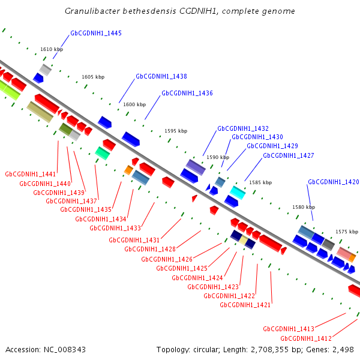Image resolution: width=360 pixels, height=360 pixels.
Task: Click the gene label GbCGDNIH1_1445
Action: (x=96, y=33)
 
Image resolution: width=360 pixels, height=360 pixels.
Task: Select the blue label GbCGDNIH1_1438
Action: (x=161, y=76)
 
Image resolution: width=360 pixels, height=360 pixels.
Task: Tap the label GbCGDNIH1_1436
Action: (x=187, y=93)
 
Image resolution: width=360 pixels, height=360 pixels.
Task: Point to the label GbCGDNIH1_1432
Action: (x=243, y=128)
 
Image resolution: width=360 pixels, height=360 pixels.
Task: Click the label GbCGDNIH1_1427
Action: (x=289, y=155)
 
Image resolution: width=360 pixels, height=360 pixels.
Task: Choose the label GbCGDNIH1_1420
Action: (x=334, y=182)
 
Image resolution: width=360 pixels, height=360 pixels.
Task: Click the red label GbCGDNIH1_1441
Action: (x=31, y=174)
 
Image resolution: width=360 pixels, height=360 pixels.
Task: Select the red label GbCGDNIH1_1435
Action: (x=86, y=209)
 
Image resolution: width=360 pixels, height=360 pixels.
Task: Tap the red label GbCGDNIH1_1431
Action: (x=134, y=240)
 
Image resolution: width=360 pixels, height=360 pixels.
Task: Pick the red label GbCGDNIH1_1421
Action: (x=245, y=305)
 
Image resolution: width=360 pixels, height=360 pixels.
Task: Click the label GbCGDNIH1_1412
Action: (x=306, y=338)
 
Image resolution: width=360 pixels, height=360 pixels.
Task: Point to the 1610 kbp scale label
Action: (x=52, y=49)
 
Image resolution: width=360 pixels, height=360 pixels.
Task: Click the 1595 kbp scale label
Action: (x=176, y=131)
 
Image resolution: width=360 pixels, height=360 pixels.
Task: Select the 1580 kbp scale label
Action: (x=304, y=207)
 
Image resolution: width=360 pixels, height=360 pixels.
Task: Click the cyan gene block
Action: (x=238, y=193)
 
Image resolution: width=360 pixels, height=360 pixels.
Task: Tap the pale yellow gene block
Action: (x=244, y=240)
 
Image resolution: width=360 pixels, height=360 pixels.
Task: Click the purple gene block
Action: (x=196, y=167)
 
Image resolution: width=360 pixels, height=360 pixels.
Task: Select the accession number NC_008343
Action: (x=65, y=350)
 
